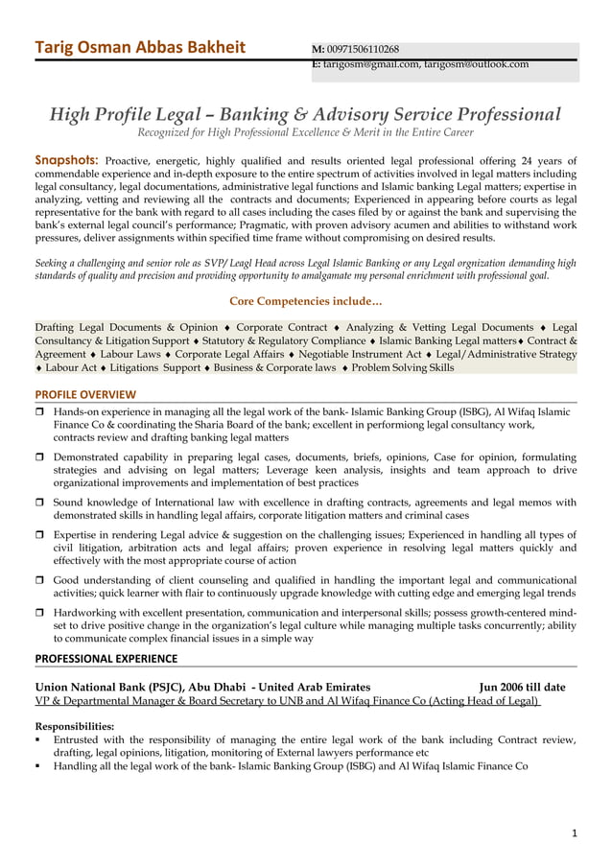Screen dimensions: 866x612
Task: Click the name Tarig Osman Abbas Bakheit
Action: [x=140, y=50]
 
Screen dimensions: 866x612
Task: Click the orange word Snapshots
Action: [x=66, y=159]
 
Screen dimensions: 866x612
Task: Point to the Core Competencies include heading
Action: [x=305, y=302]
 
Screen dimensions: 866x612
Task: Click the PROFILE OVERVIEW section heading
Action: [x=85, y=394]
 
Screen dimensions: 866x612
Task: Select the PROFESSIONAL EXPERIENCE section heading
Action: [x=106, y=658]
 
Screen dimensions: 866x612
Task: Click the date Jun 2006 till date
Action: [x=522, y=687]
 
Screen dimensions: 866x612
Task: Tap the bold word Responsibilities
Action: [x=74, y=726]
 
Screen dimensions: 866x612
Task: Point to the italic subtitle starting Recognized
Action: [x=305, y=132]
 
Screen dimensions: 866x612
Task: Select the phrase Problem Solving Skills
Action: [x=402, y=367]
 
